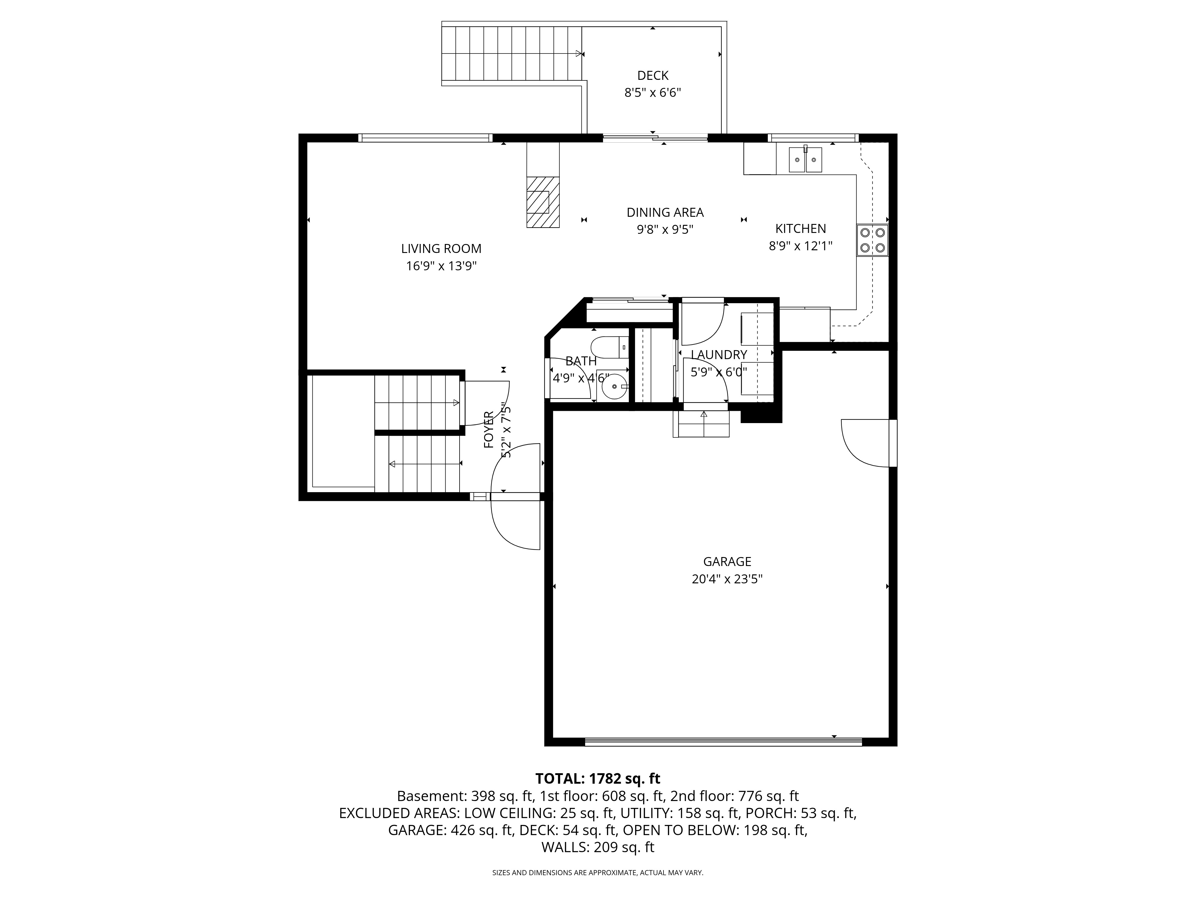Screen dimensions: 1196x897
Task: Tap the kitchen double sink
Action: pyautogui.click(x=805, y=159)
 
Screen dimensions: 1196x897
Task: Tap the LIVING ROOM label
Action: pyautogui.click(x=441, y=249)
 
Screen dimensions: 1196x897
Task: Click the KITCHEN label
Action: pyautogui.click(x=801, y=229)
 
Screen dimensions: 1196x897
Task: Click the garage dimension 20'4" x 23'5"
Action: pyautogui.click(x=727, y=579)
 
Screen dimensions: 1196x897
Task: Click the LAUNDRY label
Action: pyautogui.click(x=719, y=355)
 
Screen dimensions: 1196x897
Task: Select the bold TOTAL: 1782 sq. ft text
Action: pyautogui.click(x=598, y=779)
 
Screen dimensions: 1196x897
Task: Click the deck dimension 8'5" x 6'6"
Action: pyautogui.click(x=653, y=92)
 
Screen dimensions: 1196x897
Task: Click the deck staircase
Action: pyautogui.click(x=512, y=54)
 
